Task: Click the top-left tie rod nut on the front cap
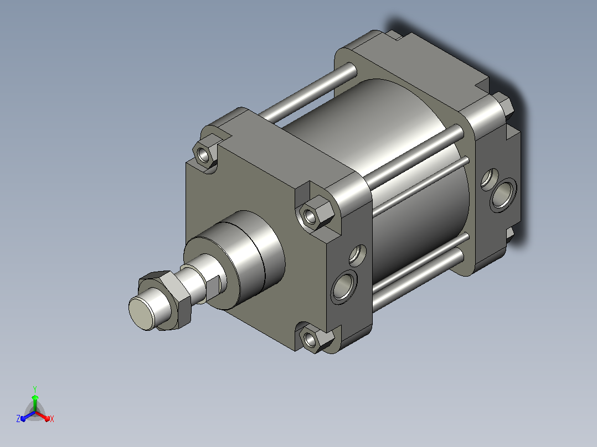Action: tap(204, 154)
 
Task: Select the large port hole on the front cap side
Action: tap(344, 287)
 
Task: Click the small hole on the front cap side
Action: tap(357, 254)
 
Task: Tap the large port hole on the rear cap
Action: tap(503, 195)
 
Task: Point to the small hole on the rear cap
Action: tap(489, 179)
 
